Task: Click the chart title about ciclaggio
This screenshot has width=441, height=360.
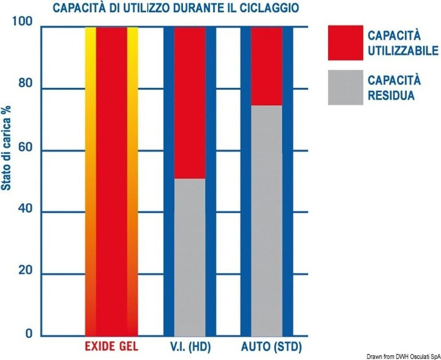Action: tap(176, 8)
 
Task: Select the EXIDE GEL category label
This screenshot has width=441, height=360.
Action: tap(112, 347)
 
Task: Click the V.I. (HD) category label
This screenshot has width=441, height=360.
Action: tap(190, 347)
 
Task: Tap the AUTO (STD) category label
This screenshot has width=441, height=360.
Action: tap(271, 347)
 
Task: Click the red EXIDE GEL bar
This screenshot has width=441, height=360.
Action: tap(112, 181)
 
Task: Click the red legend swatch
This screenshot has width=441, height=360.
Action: tap(345, 43)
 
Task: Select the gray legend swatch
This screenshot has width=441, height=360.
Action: tap(345, 87)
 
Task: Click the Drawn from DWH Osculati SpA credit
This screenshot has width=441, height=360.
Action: tap(404, 356)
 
